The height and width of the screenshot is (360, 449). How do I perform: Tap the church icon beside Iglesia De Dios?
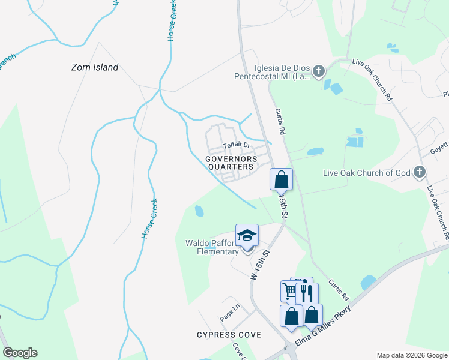coord(319,72)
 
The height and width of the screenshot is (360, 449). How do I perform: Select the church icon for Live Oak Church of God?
coord(420,173)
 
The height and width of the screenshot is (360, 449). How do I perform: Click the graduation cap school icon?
coord(247,236)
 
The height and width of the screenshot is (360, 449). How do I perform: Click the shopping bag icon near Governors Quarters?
coord(281,179)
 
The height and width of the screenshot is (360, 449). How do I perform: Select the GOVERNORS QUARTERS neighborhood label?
coord(231,163)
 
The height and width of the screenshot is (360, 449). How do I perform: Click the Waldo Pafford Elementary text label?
coord(212,247)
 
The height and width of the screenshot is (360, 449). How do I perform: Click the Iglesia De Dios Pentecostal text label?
coord(274,72)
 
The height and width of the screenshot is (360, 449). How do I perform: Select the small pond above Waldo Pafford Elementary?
coord(199,211)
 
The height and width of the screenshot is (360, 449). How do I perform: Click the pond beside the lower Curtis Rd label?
coord(368,282)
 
